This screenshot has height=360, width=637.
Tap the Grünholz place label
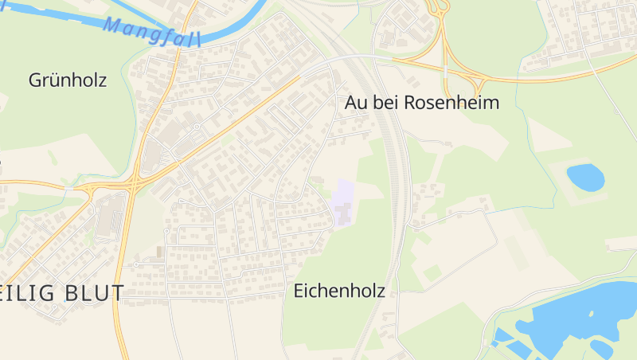coord(68,80)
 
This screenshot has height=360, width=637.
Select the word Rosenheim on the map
coord(451,103)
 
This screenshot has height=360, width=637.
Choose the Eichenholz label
coord(339,291)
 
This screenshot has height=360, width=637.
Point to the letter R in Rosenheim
coord(412,103)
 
